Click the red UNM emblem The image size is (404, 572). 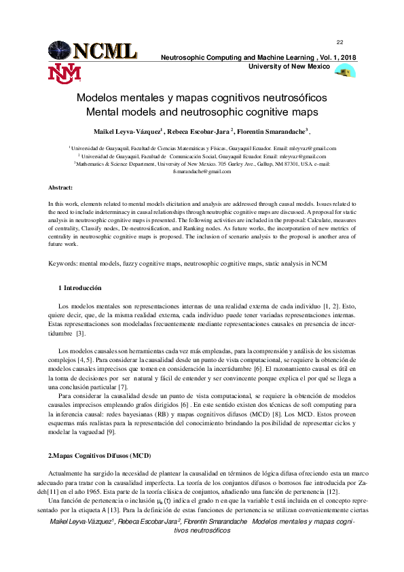point(64,73)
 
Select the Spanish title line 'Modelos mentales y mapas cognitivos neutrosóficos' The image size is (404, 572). point(202,98)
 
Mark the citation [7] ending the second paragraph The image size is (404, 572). point(123,387)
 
